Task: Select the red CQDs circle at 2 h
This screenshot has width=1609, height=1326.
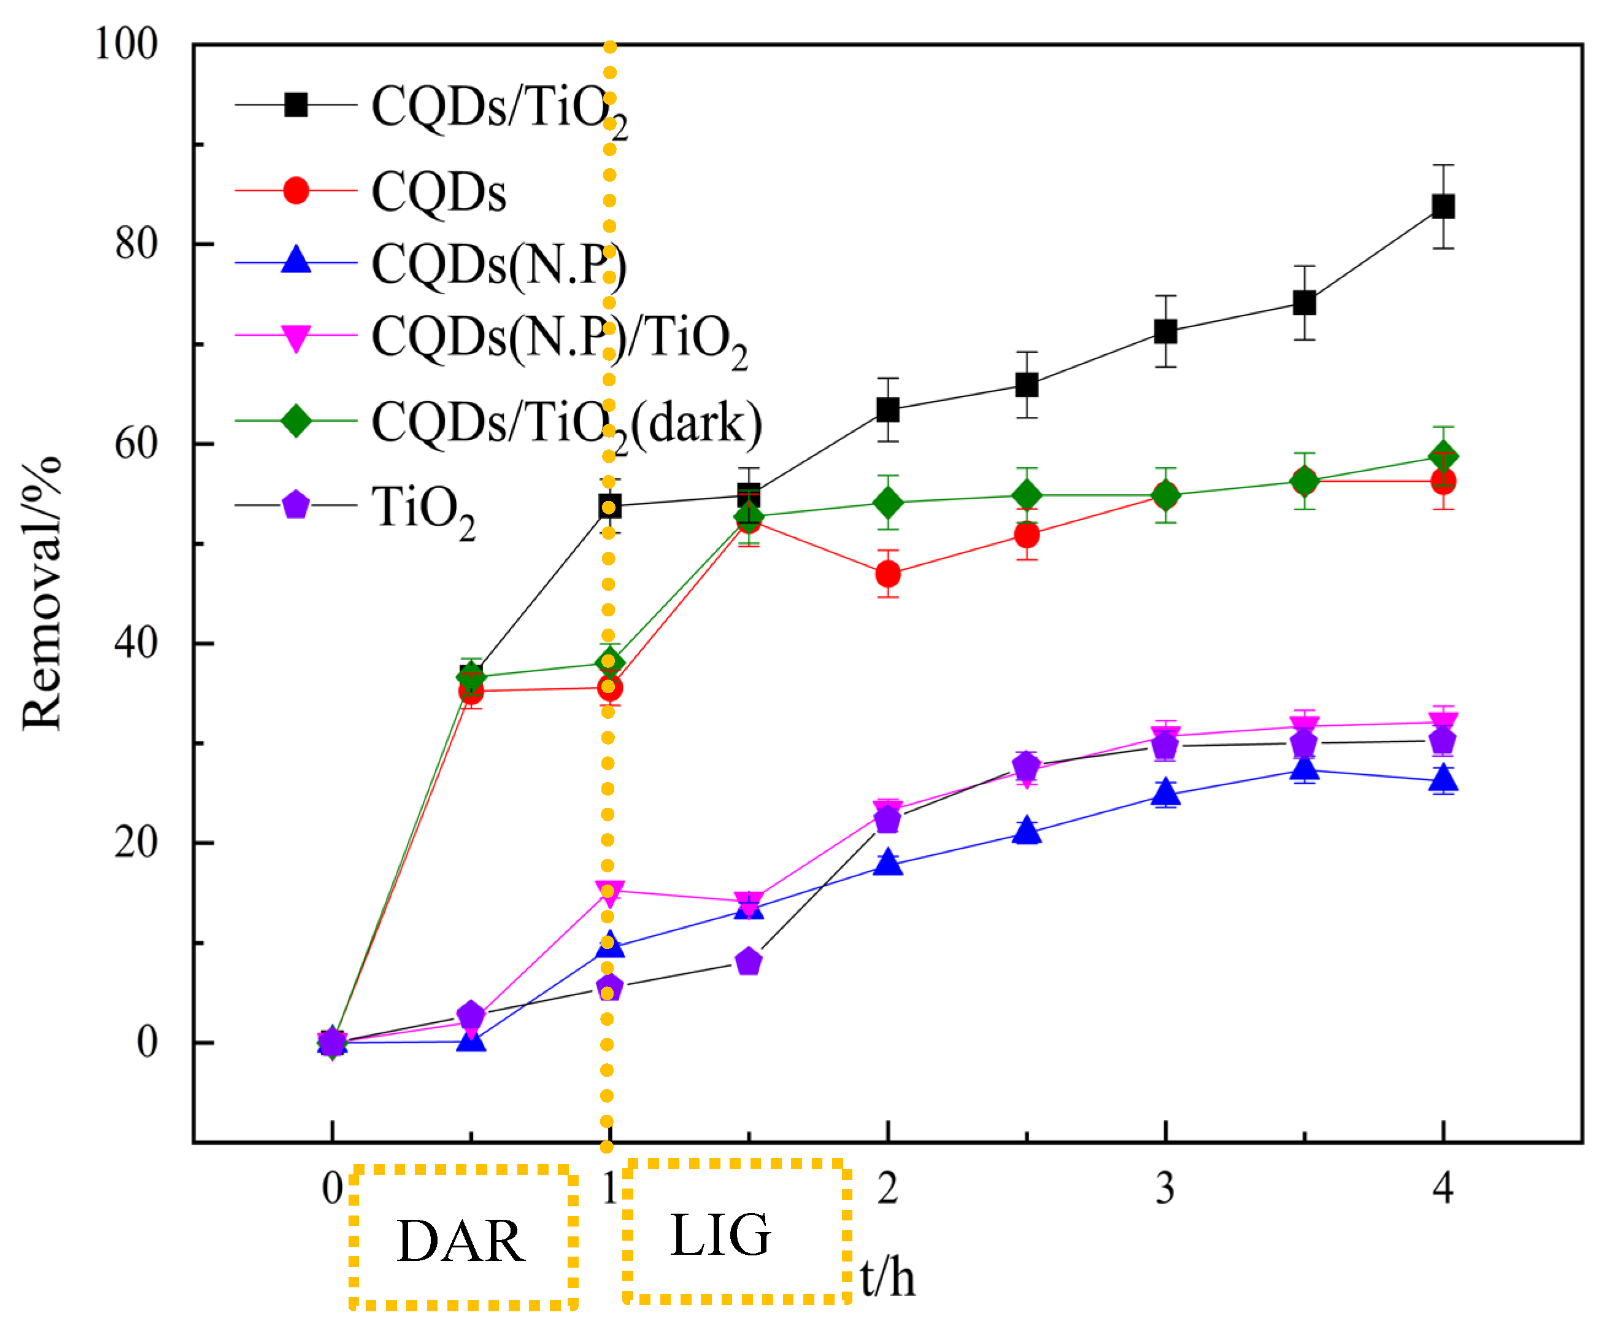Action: point(887,573)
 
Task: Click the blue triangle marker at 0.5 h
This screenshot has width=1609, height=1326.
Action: point(471,1041)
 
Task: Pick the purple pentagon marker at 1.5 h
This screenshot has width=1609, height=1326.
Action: point(749,961)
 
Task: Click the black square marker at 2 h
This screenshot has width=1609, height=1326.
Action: point(887,409)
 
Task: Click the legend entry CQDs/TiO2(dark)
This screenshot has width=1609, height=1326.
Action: point(566,422)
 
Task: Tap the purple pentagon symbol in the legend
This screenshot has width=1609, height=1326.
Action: point(296,505)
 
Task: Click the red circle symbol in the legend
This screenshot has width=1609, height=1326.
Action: point(296,190)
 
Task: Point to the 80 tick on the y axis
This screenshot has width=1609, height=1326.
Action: point(136,244)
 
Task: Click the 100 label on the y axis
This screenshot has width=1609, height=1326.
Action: point(126,44)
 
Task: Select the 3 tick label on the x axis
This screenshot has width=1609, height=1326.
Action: point(1165,1188)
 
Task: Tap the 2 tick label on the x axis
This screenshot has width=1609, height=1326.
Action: point(887,1188)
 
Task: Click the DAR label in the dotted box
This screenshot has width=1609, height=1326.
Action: point(461,1241)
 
